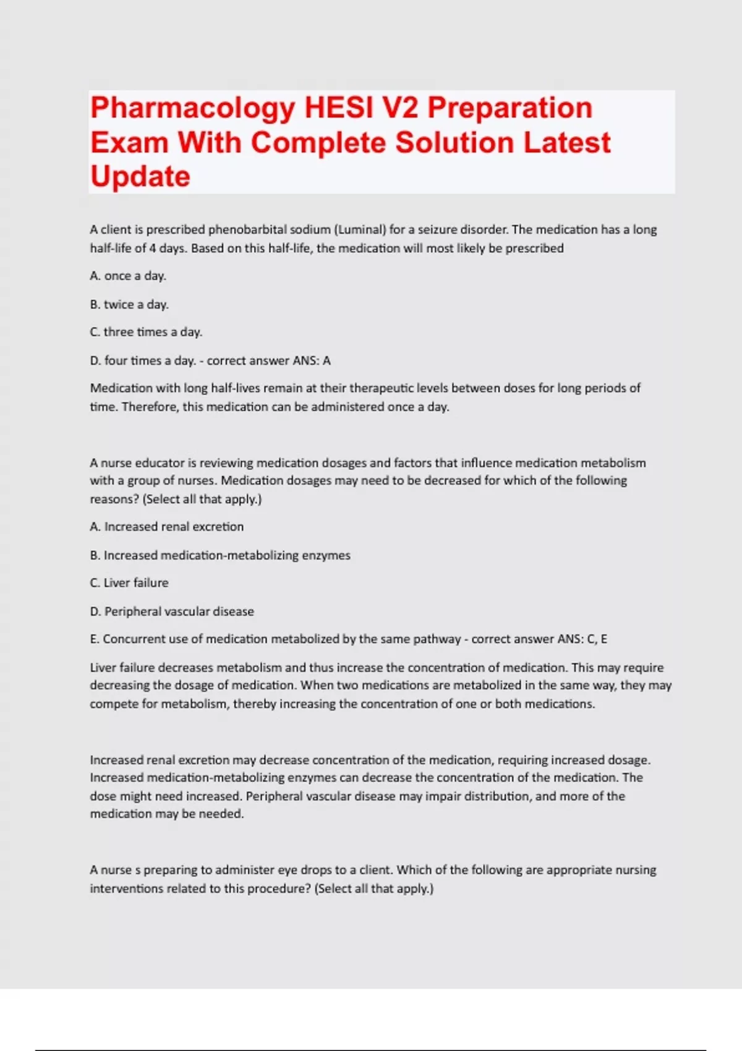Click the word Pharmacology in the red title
point(192,108)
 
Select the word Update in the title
point(140,177)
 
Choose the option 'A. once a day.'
point(128,276)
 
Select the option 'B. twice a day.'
point(129,304)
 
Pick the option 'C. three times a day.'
point(146,332)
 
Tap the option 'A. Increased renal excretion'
point(167,527)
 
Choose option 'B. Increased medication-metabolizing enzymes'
point(220,555)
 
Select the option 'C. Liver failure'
point(129,583)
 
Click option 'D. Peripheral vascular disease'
point(172,611)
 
